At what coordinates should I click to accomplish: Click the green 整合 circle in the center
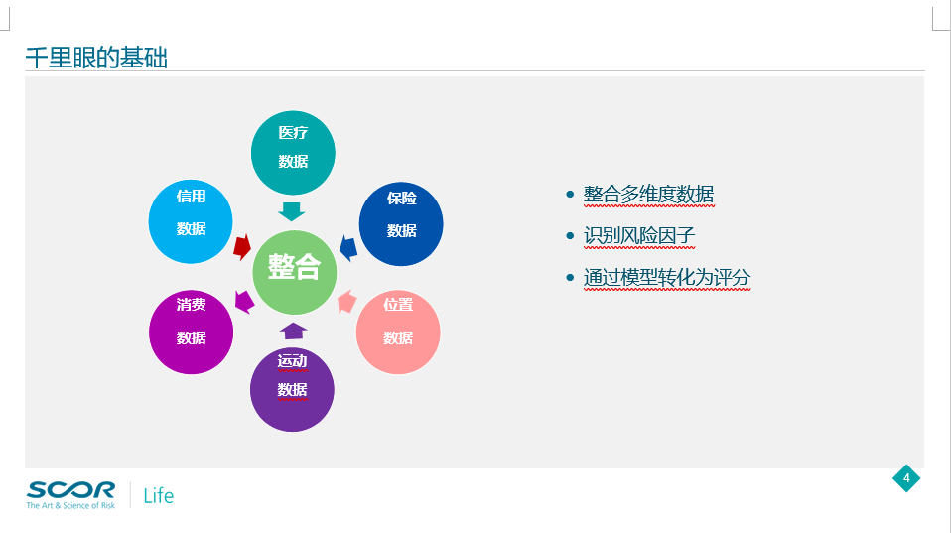(x=294, y=272)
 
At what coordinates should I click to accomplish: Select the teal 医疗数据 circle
(x=293, y=153)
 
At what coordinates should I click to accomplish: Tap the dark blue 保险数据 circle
(x=401, y=223)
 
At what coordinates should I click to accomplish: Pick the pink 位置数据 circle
(x=398, y=333)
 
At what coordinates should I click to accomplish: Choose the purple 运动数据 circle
(x=292, y=389)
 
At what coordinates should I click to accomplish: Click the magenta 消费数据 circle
(x=191, y=333)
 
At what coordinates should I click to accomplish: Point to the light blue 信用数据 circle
(x=191, y=222)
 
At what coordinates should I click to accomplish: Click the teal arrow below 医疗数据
(x=291, y=211)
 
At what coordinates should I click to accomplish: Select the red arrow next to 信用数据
(x=242, y=247)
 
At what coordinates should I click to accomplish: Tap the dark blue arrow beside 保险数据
(x=348, y=248)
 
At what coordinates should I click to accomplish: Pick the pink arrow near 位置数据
(x=346, y=302)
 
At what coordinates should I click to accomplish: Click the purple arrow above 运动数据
(x=294, y=332)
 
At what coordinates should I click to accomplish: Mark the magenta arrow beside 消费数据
(x=244, y=302)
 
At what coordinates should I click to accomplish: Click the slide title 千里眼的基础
(x=96, y=58)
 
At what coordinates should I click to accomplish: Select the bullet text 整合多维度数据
(x=648, y=194)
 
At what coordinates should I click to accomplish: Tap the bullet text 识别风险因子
(x=639, y=235)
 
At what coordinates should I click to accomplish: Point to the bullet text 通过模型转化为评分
(x=667, y=277)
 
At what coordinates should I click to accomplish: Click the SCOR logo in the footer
(x=70, y=495)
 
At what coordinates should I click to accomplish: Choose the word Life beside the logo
(x=158, y=496)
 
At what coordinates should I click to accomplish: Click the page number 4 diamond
(x=906, y=478)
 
